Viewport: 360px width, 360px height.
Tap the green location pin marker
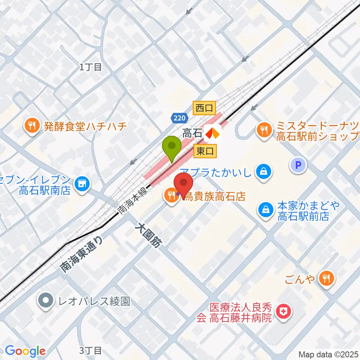[x=172, y=147]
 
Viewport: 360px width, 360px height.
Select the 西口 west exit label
[x=204, y=109]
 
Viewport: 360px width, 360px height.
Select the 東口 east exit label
[x=205, y=151]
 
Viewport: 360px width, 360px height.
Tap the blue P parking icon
[x=298, y=165]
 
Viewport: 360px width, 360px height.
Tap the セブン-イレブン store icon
[x=81, y=183]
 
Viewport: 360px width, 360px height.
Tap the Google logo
[x=25, y=351]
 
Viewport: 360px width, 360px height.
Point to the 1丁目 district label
[x=91, y=67]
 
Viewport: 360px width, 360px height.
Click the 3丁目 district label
[x=91, y=351]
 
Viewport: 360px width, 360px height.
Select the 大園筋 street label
[x=149, y=236]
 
